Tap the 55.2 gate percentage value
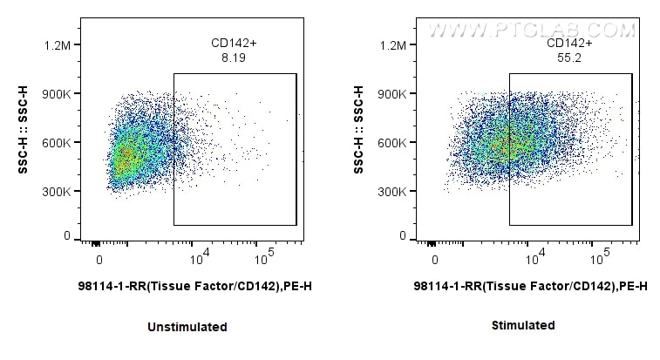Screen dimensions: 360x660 pos(570,58)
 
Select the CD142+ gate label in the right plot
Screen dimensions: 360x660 pos(570,43)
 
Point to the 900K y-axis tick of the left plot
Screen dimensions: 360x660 pos(65,94)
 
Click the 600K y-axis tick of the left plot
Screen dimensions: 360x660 pos(65,143)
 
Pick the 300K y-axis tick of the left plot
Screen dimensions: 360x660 pos(65,192)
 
